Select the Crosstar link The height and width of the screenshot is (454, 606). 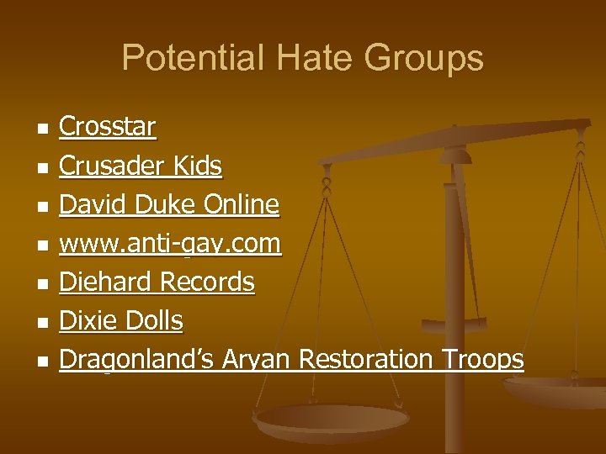tap(107, 127)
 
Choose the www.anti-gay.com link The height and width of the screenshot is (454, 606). tap(169, 244)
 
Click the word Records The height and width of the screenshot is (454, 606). tap(206, 282)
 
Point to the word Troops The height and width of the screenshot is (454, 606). tap(479, 359)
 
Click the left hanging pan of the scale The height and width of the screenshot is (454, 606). tap(332, 417)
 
